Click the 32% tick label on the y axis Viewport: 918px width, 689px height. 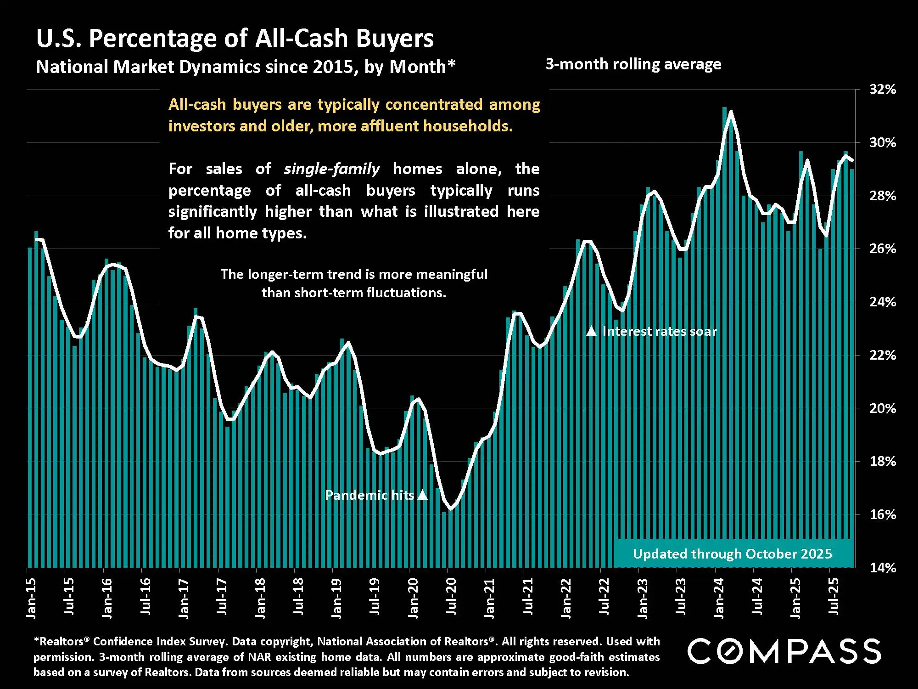pos(883,90)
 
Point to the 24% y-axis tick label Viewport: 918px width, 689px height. pos(883,302)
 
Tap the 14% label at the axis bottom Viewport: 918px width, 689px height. pos(883,568)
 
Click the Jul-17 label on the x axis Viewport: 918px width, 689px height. pos(222,597)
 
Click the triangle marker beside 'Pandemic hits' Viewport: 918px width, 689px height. pos(423,495)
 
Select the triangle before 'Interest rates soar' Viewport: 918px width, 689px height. pos(592,331)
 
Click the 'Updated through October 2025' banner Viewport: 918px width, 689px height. pos(732,554)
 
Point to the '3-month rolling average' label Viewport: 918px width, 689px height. pos(633,64)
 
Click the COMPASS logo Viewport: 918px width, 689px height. pos(784,651)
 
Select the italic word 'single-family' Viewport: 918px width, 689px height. pos(331,169)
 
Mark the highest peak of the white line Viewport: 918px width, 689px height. pos(730,111)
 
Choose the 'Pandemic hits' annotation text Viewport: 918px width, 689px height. pos(369,495)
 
